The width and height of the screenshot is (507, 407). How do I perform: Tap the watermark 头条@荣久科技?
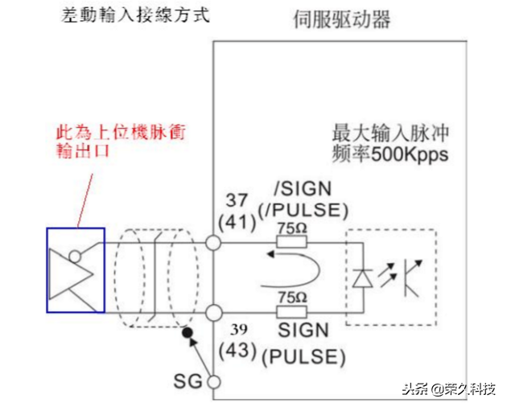pyautogui.click(x=447, y=388)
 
